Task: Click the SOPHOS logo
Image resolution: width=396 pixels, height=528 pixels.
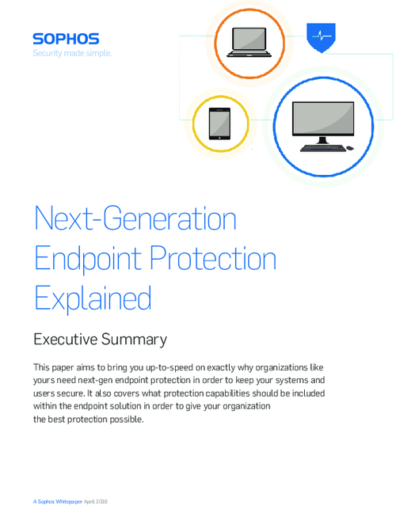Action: coord(65,38)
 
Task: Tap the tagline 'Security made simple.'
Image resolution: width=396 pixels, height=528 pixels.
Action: coord(71,53)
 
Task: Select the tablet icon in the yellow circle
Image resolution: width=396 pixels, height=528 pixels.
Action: coord(219,122)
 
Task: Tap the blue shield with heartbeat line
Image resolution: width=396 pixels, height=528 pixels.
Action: coord(321,36)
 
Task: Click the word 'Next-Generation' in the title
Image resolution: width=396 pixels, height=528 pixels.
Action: coord(135,218)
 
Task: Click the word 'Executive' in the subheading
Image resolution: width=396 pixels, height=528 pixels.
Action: coord(68,340)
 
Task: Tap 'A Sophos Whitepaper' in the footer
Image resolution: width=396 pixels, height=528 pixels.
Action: coord(58,502)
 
